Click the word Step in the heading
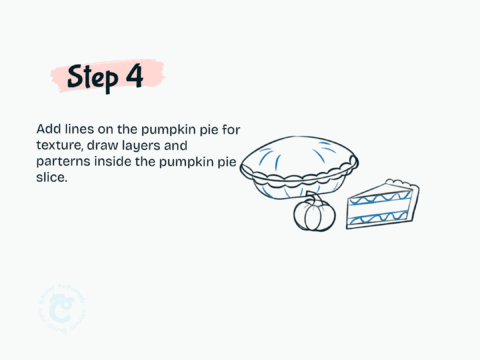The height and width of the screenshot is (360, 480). pos(95,77)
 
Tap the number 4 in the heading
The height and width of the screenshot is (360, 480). pos(134,76)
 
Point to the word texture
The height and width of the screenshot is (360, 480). pos(58,146)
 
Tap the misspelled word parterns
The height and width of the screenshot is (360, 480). pos(62,161)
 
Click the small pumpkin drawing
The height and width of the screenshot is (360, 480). pos(312,214)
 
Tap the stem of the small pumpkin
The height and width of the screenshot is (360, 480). pos(312,199)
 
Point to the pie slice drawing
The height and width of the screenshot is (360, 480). pos(380,208)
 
